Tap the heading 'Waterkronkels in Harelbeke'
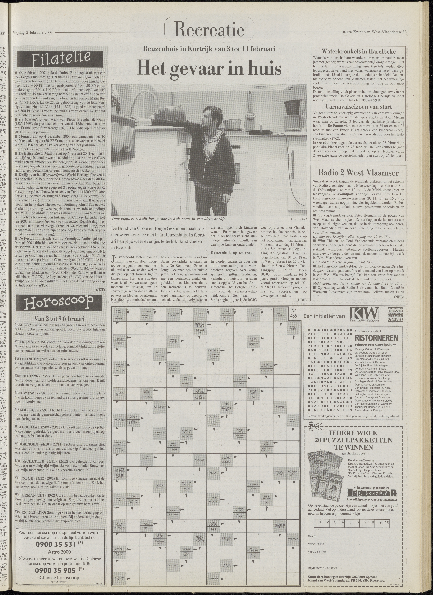click(358, 51)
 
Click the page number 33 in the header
click(404, 32)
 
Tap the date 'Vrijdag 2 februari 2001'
click(33, 32)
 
